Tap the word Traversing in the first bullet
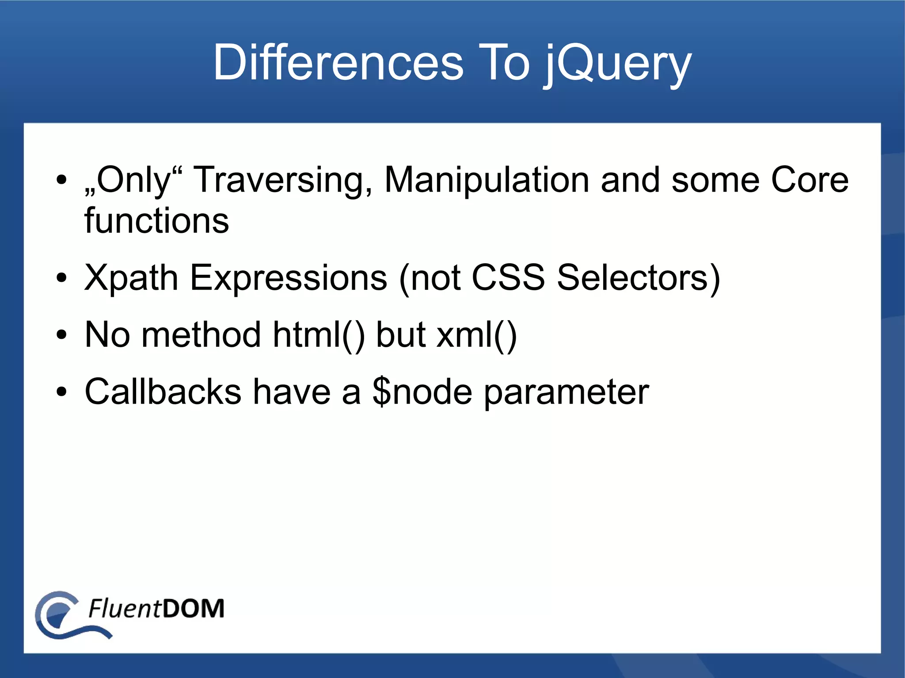283,180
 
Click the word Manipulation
487,180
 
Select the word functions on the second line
156,220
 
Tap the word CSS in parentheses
508,277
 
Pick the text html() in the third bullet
319,335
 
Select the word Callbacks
163,391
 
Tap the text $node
422,391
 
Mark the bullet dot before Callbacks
61,391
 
